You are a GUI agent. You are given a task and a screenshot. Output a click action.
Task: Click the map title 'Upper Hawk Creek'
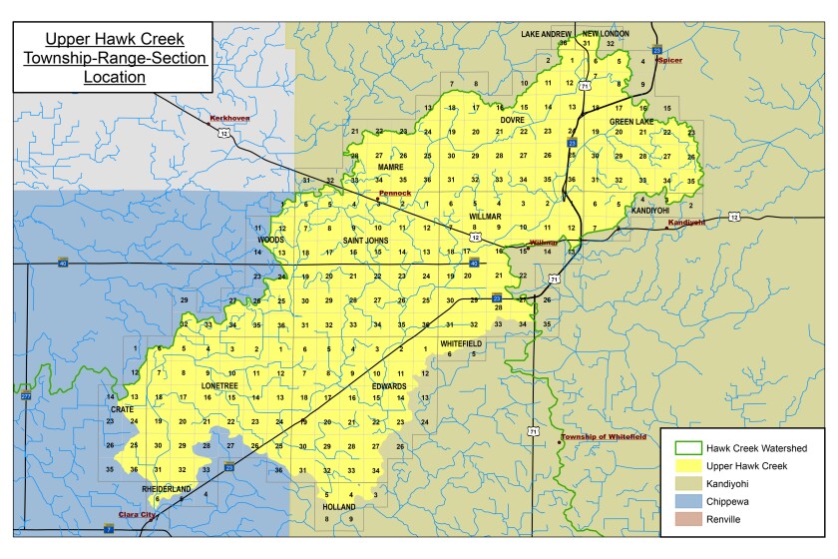pos(111,41)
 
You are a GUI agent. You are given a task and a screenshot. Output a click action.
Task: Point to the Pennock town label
pos(394,193)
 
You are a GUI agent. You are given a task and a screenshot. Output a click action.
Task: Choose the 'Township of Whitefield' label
pos(603,436)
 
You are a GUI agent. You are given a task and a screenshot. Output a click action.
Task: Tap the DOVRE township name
pos(512,119)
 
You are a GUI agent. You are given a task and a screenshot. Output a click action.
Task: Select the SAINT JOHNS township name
pos(365,241)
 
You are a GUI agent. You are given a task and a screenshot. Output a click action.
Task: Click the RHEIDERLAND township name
pos(168,488)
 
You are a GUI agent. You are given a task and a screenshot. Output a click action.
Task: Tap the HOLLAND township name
pos(339,507)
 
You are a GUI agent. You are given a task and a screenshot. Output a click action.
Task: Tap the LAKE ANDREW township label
pos(546,34)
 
